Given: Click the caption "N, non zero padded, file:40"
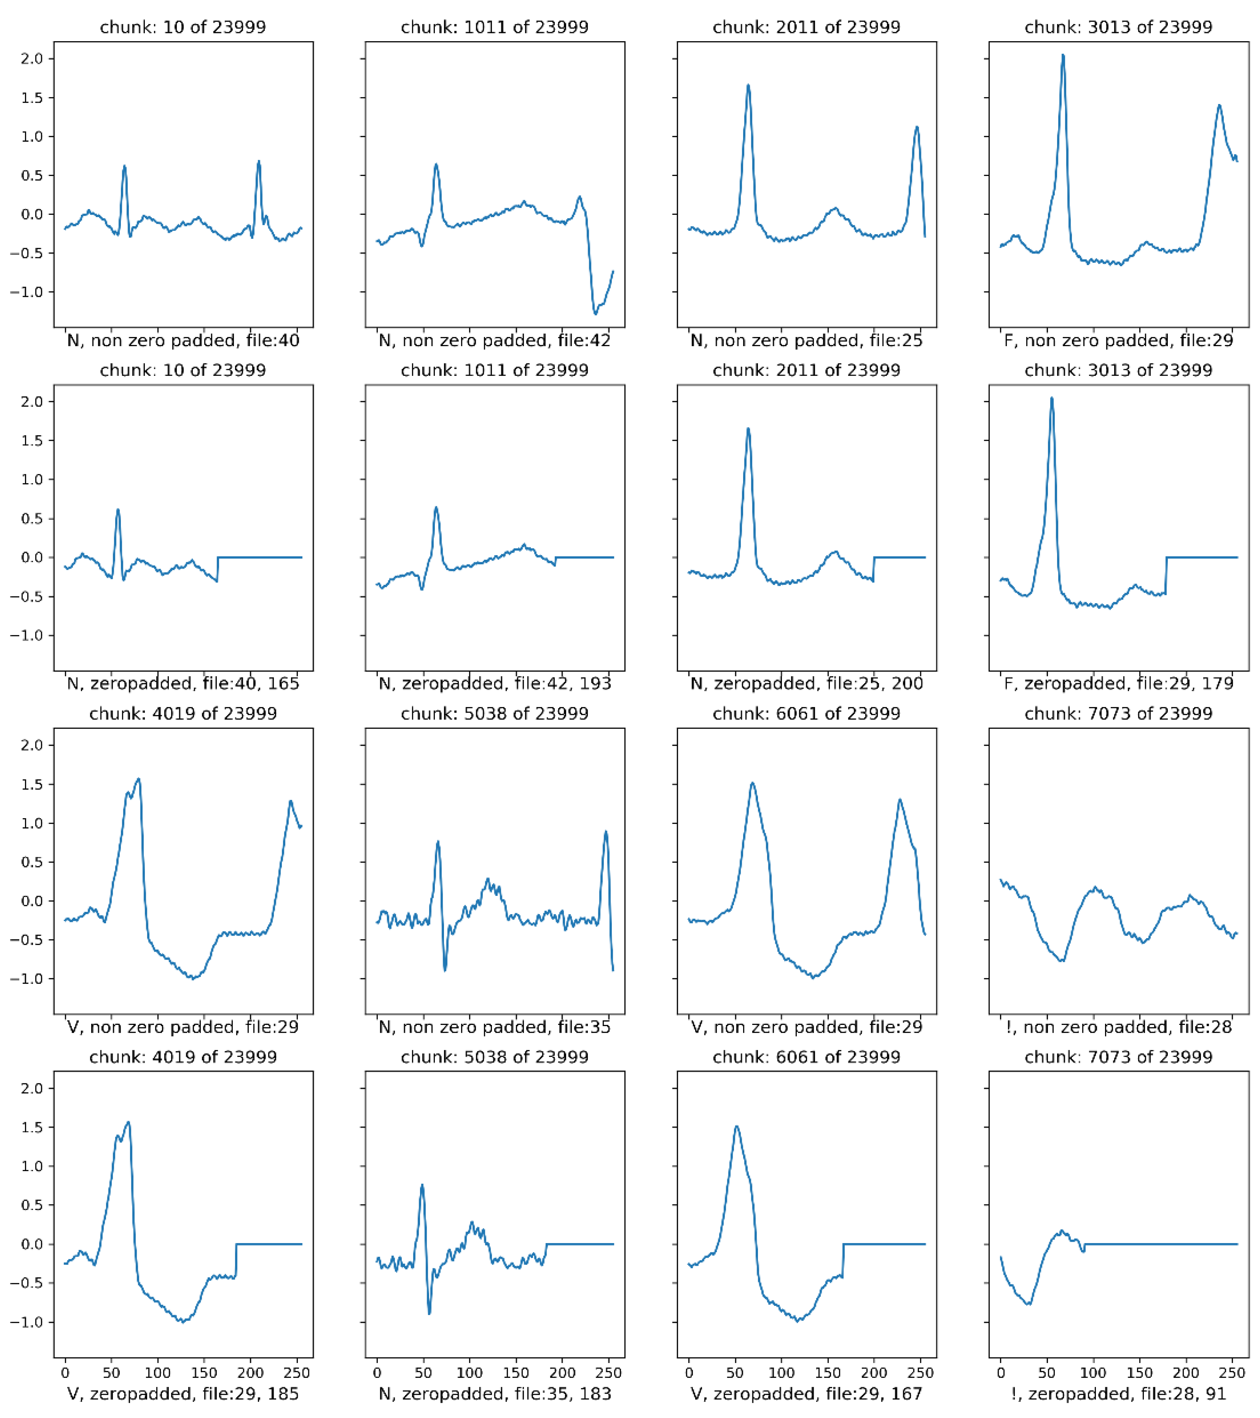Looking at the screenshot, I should (183, 341).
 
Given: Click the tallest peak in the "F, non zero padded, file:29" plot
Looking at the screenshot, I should (1062, 55).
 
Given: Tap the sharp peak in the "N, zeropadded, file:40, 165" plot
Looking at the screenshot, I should (118, 511).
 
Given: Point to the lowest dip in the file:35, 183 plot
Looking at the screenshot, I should (429, 1313).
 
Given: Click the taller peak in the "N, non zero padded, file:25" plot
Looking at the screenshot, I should (748, 85).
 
